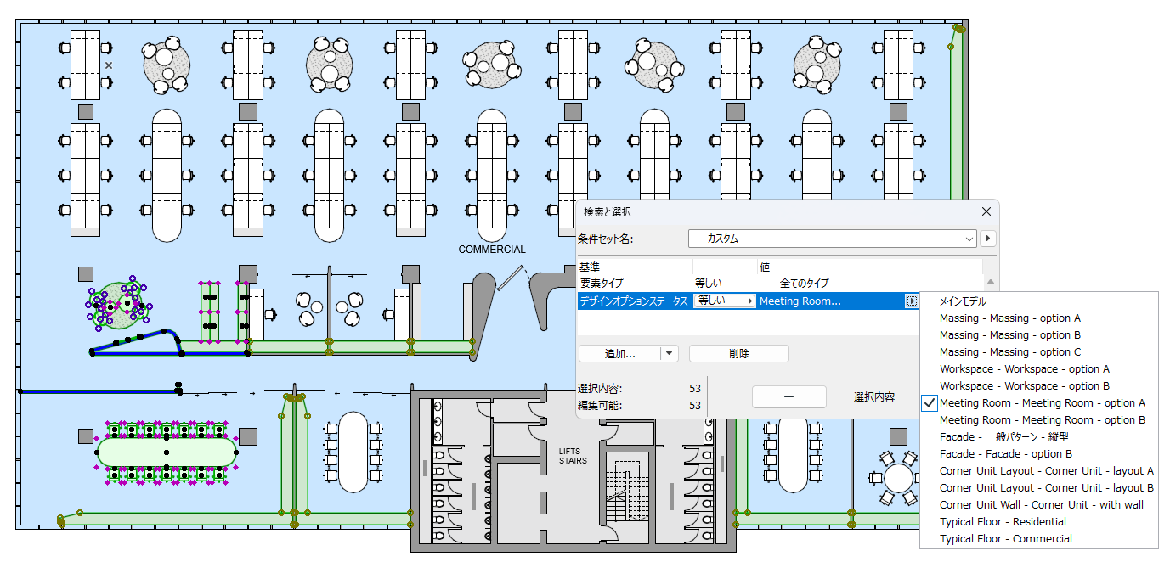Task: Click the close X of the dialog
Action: pyautogui.click(x=986, y=211)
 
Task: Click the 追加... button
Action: pyautogui.click(x=620, y=353)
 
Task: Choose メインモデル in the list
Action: pyautogui.click(x=963, y=301)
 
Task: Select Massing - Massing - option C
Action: pyautogui.click(x=1010, y=352)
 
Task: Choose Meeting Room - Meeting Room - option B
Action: pyautogui.click(x=1042, y=420)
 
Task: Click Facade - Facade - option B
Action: pyautogui.click(x=1005, y=454)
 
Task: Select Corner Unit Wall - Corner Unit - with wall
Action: pyautogui.click(x=1041, y=505)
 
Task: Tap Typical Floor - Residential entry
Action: pyautogui.click(x=1003, y=522)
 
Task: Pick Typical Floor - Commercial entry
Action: pyautogui.click(x=1005, y=539)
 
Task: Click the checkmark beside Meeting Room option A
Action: pyautogui.click(x=930, y=403)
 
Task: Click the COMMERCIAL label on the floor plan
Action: pyautogui.click(x=492, y=250)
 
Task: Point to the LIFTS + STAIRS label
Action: pyautogui.click(x=573, y=456)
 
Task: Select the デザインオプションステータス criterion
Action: pyautogui.click(x=633, y=301)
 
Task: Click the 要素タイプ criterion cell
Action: pyautogui.click(x=602, y=284)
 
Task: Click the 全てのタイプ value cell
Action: pyautogui.click(x=803, y=284)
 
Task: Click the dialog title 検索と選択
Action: pyautogui.click(x=608, y=211)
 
